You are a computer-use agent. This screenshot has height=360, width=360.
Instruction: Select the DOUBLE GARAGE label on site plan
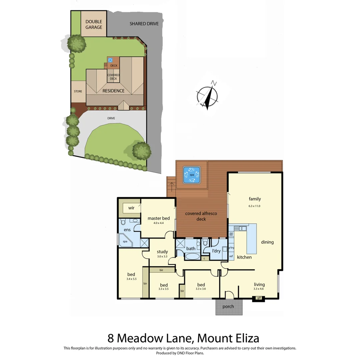[x=94, y=24]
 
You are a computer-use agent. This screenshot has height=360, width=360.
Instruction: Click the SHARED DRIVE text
[x=144, y=24]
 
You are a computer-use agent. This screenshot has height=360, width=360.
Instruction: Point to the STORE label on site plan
[x=78, y=91]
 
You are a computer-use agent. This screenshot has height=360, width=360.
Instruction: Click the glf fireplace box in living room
[x=259, y=298]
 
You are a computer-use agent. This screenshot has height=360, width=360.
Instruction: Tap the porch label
[x=228, y=306]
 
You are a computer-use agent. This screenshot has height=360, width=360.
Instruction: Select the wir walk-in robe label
[x=131, y=208]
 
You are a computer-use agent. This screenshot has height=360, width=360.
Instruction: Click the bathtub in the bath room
[x=191, y=257]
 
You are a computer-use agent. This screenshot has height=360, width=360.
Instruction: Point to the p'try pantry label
[x=231, y=248]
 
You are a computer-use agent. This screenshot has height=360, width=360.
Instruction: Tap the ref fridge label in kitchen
[x=231, y=256]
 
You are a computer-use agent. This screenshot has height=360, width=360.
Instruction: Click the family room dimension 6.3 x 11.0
[x=255, y=206]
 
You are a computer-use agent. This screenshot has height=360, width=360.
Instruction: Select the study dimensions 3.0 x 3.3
[x=162, y=256]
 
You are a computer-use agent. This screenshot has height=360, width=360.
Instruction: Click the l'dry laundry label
[x=217, y=251]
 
